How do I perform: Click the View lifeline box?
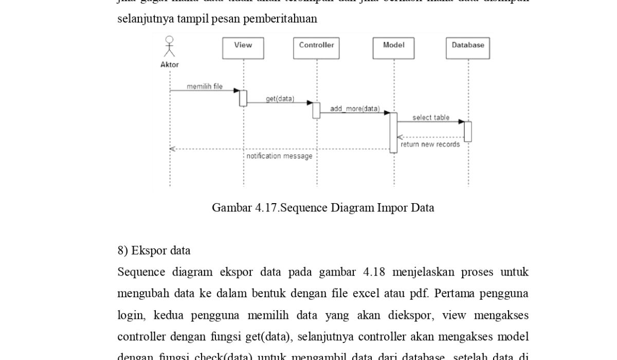[x=243, y=48]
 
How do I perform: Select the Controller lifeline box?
[x=316, y=48]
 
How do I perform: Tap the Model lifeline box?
[x=393, y=48]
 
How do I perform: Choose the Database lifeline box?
[x=468, y=48]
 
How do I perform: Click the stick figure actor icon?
[x=169, y=46]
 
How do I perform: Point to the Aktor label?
[x=170, y=65]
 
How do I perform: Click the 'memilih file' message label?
[x=205, y=86]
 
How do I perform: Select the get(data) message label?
[x=280, y=98]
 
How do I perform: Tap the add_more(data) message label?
[x=355, y=109]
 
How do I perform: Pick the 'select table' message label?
[x=431, y=117]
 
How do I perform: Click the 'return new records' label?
[x=430, y=145]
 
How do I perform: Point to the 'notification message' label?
[x=279, y=156]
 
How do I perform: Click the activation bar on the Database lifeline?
[x=468, y=131]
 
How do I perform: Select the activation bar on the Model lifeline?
[x=393, y=132]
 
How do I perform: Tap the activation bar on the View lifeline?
[x=243, y=98]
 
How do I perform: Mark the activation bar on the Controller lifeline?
[x=316, y=110]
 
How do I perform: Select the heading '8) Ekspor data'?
[x=154, y=250]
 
